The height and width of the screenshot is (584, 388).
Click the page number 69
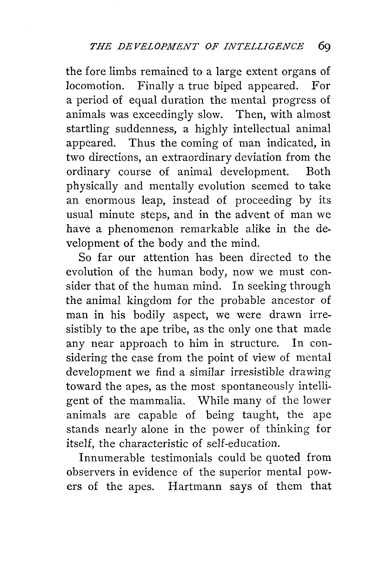324,46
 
